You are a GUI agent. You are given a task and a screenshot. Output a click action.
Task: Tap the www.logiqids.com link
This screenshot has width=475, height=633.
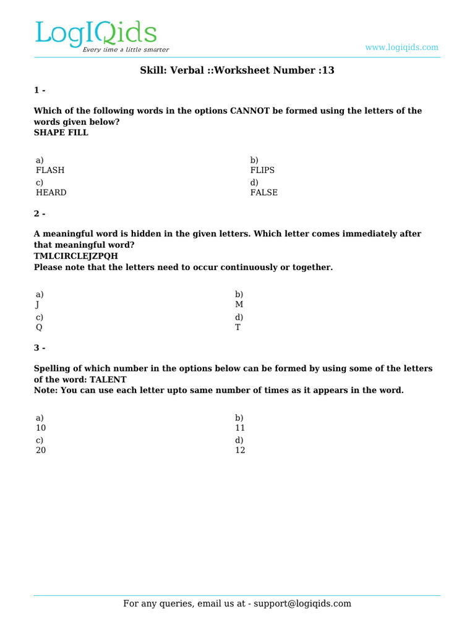[401, 47]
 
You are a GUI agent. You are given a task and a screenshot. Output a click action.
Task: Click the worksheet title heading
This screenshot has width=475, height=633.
[237, 70]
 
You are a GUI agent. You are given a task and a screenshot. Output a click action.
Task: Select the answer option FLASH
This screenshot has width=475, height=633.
[50, 170]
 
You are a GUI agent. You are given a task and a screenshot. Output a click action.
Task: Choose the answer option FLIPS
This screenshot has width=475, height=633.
[262, 170]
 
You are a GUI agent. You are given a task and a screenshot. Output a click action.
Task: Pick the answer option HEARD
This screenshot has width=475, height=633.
[51, 192]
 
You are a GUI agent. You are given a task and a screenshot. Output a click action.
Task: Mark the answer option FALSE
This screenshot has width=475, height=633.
[264, 192]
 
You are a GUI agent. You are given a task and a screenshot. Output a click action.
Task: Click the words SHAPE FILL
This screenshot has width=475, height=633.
[61, 132]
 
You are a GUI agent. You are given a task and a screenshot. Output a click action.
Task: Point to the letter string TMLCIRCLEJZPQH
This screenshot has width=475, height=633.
[76, 256]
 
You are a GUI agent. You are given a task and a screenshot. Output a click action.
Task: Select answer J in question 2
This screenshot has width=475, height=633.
[38, 304]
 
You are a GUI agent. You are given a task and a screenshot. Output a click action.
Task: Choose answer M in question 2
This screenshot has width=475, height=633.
[239, 304]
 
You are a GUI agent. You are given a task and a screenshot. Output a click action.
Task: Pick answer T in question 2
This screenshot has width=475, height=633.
[237, 327]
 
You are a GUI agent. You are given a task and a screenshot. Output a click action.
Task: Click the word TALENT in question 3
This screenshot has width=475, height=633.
[108, 380]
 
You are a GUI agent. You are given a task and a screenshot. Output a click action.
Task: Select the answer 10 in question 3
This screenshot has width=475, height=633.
[41, 428]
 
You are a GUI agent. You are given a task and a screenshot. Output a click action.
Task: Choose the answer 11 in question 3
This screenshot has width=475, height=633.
[240, 428]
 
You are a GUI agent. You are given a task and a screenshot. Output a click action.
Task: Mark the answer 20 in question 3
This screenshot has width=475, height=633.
[41, 450]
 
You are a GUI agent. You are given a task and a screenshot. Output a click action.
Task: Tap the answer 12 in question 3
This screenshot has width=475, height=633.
[240, 450]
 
